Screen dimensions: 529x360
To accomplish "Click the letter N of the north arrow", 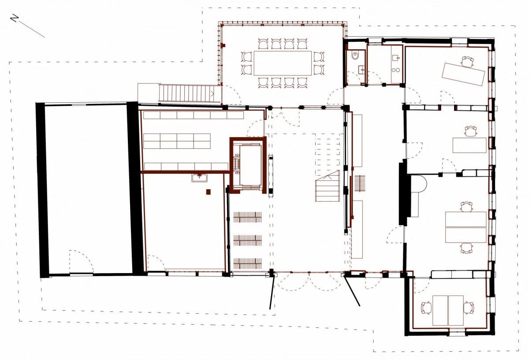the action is pos(15,18).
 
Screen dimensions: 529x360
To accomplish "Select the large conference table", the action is pos(283,63).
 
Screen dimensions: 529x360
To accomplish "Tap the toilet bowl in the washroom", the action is pos(355,56).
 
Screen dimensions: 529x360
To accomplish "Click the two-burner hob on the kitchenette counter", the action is pos(395,70).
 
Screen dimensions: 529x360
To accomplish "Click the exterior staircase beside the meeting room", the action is pos(186,94).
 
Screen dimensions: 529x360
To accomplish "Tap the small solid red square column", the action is pos(208,192).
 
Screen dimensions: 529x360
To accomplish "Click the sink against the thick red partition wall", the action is pos(199,178).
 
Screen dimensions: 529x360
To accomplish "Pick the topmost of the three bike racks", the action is pos(247,217).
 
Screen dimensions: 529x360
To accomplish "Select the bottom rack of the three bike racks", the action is pos(247,263).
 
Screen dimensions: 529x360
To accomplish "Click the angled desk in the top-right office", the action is pos(463,74).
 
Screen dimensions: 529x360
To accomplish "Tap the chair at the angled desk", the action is pos(467,61).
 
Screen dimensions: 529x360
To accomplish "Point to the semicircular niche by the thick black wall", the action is pos(419,183).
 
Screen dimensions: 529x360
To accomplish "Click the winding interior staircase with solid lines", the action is pos(328,186).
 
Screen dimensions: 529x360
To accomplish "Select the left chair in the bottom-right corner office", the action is pos(426,308).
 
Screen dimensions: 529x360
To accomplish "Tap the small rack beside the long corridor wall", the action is pos(359,184).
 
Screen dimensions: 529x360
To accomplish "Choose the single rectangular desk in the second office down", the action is pos(469,145).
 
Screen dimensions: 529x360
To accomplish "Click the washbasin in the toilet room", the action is pos(361,70).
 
